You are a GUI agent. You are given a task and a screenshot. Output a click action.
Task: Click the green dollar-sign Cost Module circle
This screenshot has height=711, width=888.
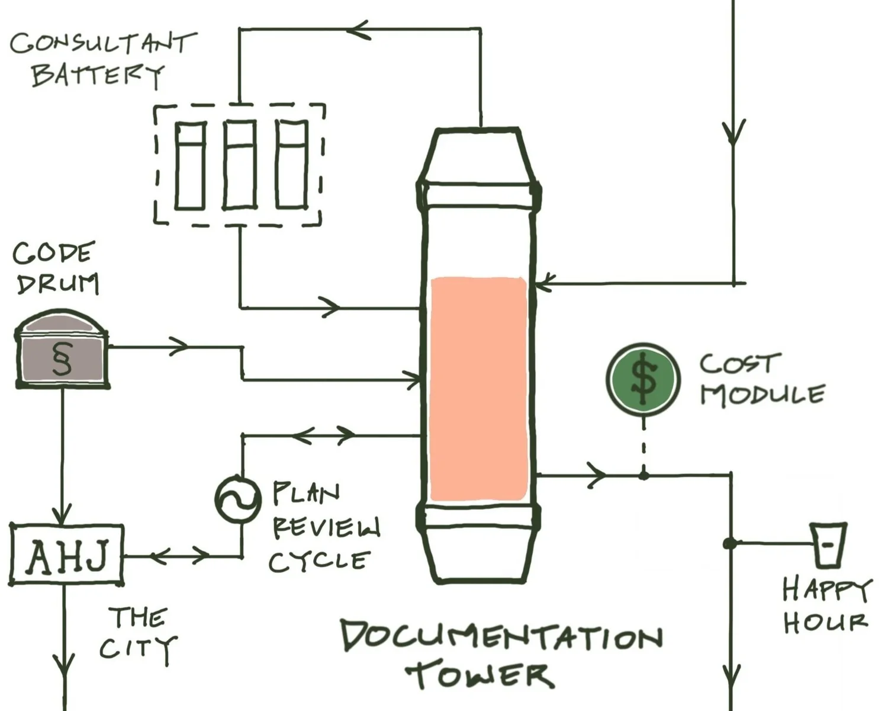(644, 379)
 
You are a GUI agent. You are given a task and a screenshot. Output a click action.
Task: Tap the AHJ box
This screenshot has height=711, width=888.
(67, 555)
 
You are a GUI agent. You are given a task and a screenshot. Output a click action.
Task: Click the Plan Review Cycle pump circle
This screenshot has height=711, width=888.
(237, 498)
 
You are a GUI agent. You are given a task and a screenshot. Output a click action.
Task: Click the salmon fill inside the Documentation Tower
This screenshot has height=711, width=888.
(478, 388)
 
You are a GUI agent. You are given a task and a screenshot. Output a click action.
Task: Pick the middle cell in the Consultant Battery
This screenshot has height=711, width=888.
(240, 165)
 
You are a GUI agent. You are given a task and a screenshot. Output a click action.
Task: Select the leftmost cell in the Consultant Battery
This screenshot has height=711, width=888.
(191, 165)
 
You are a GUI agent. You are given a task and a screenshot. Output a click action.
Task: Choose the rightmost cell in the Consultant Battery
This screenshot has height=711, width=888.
(292, 165)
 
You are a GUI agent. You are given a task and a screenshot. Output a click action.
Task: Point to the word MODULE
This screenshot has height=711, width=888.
(762, 395)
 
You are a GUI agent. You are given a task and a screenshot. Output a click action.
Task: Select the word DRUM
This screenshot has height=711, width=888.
(57, 284)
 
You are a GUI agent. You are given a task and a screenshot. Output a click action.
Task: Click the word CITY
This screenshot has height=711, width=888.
(137, 648)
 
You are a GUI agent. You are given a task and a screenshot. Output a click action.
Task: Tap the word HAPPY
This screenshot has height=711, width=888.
(826, 590)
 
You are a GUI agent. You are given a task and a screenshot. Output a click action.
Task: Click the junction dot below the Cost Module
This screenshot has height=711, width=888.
(644, 475)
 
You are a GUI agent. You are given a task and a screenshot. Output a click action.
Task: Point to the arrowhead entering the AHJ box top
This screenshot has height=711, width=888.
(63, 514)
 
